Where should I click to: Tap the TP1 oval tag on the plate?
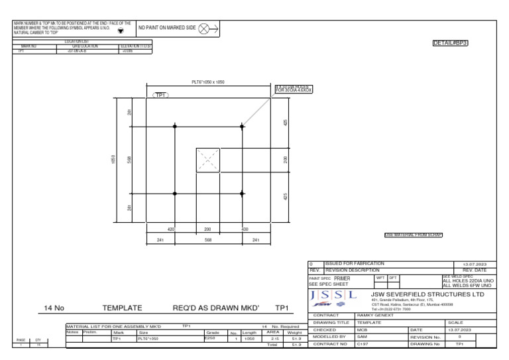[162, 95]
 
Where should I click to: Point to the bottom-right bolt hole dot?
[242, 193]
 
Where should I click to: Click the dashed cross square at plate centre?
[208, 160]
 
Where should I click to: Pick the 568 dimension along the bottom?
[207, 240]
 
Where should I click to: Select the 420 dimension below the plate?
[171, 228]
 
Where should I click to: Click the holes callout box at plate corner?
[293, 90]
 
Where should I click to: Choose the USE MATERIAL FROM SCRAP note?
[413, 235]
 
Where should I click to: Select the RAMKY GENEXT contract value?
[374, 315]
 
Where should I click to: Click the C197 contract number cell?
[363, 344]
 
